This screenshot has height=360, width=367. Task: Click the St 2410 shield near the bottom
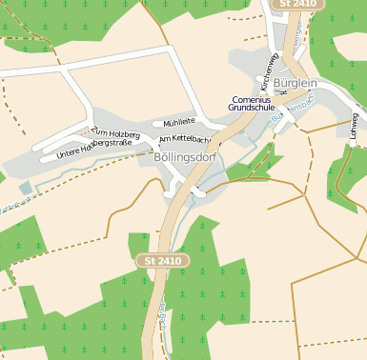click(x=164, y=260)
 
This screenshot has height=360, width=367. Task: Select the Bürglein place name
click(x=295, y=83)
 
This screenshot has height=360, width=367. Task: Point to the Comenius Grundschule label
click(x=251, y=104)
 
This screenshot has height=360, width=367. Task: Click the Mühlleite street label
click(x=179, y=122)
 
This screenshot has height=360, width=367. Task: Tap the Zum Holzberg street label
click(x=115, y=134)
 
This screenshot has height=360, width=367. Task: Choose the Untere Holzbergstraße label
click(x=93, y=147)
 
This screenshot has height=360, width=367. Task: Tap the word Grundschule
click(x=251, y=109)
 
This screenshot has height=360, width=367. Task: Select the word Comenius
click(x=251, y=99)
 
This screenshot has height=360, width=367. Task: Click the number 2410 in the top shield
click(x=302, y=5)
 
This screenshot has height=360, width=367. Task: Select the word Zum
click(x=97, y=130)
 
